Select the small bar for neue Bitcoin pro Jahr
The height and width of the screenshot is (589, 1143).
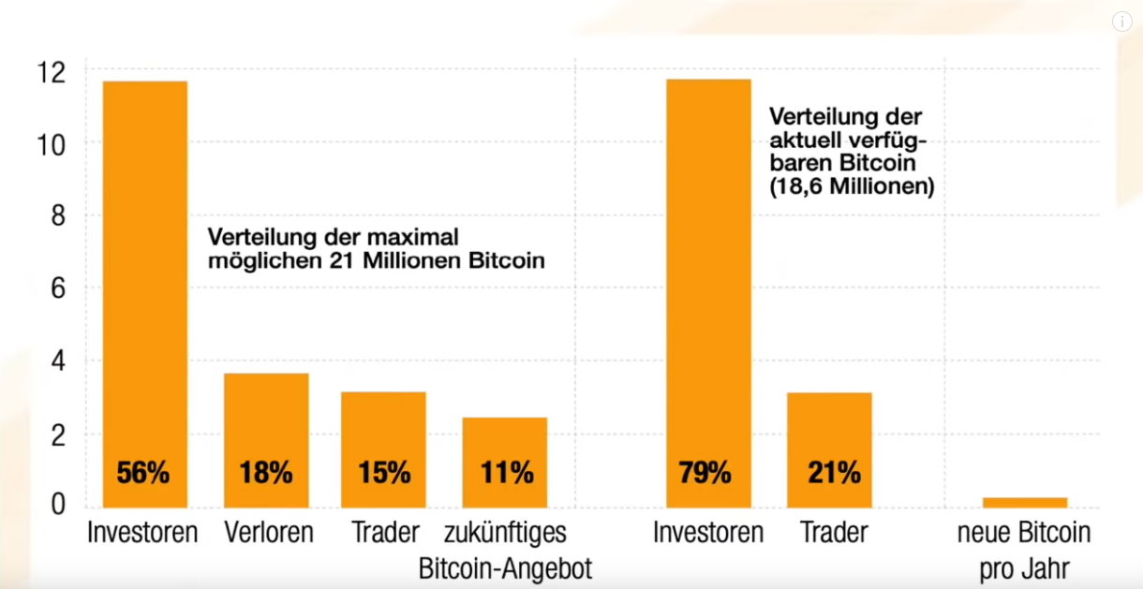coord(1024,502)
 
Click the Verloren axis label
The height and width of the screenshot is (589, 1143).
coord(268,533)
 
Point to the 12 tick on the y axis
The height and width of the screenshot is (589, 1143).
coord(52,71)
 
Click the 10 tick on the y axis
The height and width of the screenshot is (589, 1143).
coord(52,144)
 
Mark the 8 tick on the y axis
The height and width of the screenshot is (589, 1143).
coord(58,216)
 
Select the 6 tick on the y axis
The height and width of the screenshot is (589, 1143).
coord(58,288)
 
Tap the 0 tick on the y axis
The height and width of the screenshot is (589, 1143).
coord(58,506)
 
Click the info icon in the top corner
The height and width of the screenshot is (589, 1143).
coord(1121,22)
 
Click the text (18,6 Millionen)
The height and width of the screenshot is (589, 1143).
coord(852,186)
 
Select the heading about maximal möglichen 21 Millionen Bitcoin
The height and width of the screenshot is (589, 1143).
coord(376,248)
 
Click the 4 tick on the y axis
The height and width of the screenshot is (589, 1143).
coord(58,361)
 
